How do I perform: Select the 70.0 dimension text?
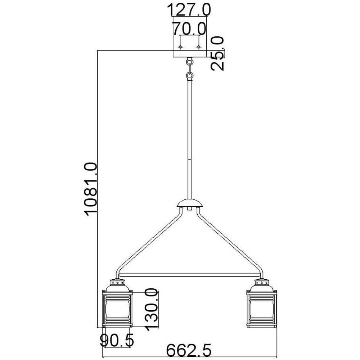coord(189,28)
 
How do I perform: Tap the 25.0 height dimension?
coord(218,53)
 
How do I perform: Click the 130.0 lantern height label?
coord(152,309)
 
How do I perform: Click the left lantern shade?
coord(118,309)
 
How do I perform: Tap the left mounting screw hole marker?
coord(181,47)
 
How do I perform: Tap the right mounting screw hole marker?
coord(198,47)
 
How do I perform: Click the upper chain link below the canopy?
coord(189,63)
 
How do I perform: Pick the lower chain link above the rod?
coord(189,76)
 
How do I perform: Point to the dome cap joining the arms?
coord(190,204)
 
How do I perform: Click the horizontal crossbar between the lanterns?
coord(189,275)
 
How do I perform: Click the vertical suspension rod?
coord(190,140)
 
